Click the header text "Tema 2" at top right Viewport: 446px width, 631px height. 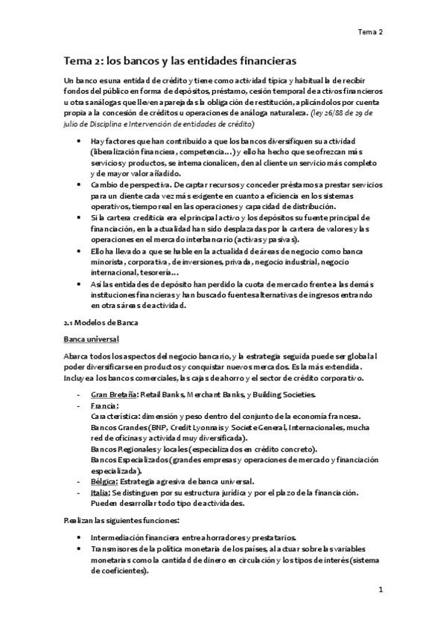[369, 32]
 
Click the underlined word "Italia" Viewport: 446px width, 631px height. [101, 493]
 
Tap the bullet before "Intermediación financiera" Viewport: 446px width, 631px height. [80, 537]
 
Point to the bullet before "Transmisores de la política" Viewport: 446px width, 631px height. [80, 548]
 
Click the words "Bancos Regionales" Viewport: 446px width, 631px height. [124, 449]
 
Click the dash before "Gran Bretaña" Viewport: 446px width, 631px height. [79, 394]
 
